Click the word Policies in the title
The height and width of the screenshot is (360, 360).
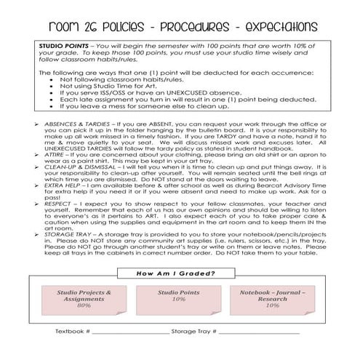pyautogui.click(x=110, y=27)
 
